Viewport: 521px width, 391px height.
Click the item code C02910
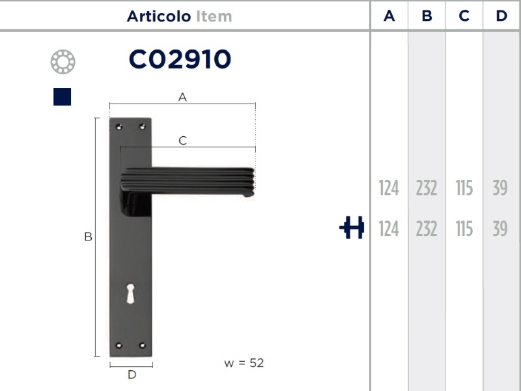click(180, 59)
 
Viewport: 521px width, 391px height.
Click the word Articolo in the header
click(159, 16)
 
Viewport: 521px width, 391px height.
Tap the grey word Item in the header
click(214, 16)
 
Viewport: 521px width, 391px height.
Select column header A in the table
click(389, 16)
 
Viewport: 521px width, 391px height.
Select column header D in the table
click(501, 16)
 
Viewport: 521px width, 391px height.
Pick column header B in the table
click(427, 16)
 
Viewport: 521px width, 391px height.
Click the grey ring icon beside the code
click(63, 62)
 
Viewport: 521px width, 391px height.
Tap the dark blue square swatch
click(62, 96)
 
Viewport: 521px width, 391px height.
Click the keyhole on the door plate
click(131, 294)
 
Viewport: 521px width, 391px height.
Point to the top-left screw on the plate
click(119, 126)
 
